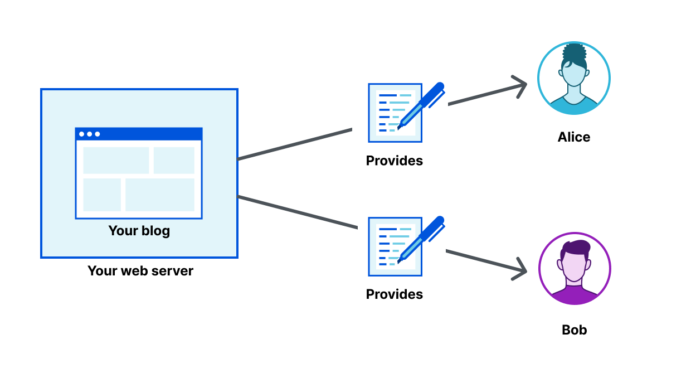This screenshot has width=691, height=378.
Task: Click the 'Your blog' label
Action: (x=139, y=231)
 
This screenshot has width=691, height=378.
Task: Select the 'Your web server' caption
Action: (x=140, y=271)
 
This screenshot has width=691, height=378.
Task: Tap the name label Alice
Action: (x=573, y=137)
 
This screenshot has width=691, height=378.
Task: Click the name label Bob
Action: (x=574, y=330)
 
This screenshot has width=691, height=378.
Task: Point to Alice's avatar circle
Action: (x=573, y=78)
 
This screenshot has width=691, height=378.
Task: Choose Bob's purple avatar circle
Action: (x=575, y=269)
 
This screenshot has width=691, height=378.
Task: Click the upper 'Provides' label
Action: (x=394, y=161)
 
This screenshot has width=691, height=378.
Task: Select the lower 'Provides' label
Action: (x=394, y=294)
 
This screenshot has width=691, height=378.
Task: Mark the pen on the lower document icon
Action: (x=422, y=238)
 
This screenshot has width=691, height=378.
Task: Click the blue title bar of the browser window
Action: (x=139, y=134)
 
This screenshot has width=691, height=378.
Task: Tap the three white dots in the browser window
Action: (x=89, y=134)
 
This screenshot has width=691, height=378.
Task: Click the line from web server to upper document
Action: (x=295, y=144)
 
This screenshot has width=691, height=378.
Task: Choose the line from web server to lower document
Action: (x=298, y=212)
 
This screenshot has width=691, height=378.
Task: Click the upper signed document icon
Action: (x=395, y=113)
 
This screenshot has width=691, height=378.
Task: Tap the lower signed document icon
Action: (x=395, y=247)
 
